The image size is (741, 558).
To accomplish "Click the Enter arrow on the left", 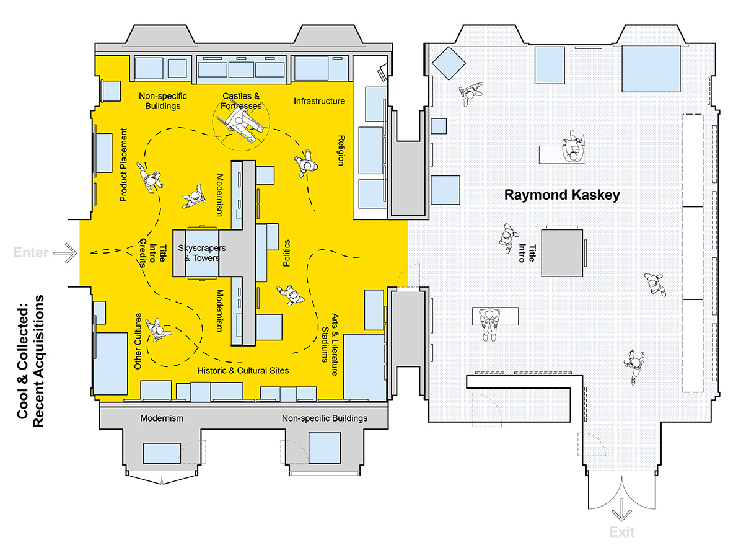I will coord(64,252).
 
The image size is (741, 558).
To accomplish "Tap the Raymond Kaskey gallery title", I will coord(562,195).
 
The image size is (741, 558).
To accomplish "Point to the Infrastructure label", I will coord(319,101).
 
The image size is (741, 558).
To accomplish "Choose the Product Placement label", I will coord(123,165).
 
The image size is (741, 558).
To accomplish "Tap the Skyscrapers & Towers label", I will coord(202,252).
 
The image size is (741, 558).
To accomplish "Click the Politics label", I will coord(286,254).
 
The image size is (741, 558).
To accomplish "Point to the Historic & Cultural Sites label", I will coord(243,370).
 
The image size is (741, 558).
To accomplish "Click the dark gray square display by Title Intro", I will coord(562,252).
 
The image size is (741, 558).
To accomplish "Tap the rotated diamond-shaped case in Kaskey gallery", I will coord(449,63).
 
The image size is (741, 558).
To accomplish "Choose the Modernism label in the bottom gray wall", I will coord(162,418).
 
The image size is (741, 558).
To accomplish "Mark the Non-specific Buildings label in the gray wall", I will coord(324,418).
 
